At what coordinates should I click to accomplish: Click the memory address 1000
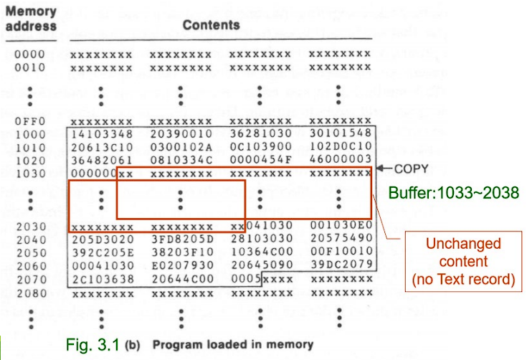point(29,134)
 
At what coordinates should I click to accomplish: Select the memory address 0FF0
point(29,122)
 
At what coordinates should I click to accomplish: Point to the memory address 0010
point(29,67)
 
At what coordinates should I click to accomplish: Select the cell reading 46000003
point(339,160)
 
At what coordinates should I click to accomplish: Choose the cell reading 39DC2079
point(339,267)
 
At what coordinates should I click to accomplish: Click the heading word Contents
point(211,25)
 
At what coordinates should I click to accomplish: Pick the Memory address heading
point(31,19)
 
